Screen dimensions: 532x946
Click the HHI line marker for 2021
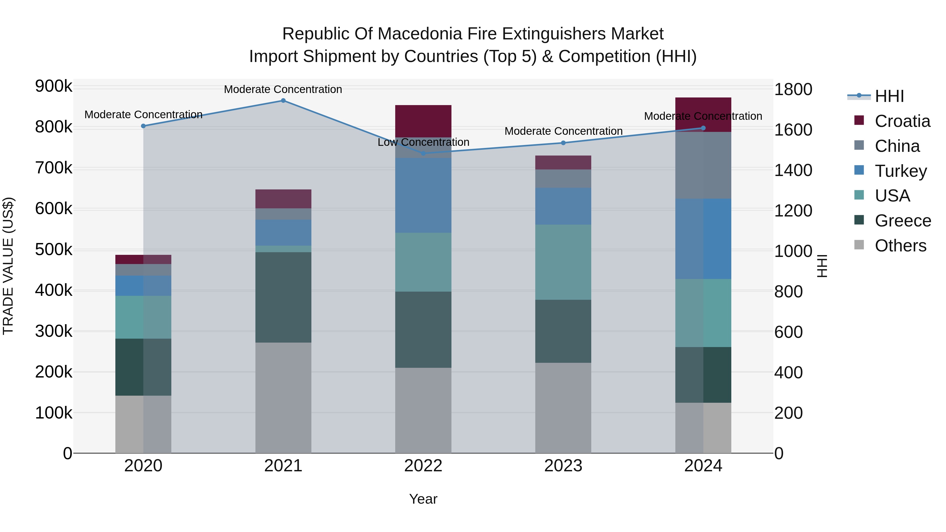(x=283, y=101)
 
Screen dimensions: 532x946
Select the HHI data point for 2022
(x=423, y=153)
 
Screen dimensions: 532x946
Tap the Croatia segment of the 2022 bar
(x=423, y=121)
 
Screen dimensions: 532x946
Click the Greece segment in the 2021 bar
(x=283, y=297)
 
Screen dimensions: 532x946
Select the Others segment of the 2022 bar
(x=423, y=410)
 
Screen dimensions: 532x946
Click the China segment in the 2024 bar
(x=703, y=165)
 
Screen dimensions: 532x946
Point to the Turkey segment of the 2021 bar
(x=283, y=233)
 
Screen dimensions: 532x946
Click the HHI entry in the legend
(x=889, y=96)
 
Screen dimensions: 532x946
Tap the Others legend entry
(x=900, y=246)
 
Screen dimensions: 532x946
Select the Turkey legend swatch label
(x=901, y=171)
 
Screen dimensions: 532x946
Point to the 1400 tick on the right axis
(x=793, y=170)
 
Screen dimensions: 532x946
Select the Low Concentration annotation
(x=423, y=142)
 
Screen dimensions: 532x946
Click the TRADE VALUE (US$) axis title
(x=8, y=266)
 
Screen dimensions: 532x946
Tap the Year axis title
(x=423, y=499)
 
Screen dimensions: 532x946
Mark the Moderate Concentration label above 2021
(x=283, y=89)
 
